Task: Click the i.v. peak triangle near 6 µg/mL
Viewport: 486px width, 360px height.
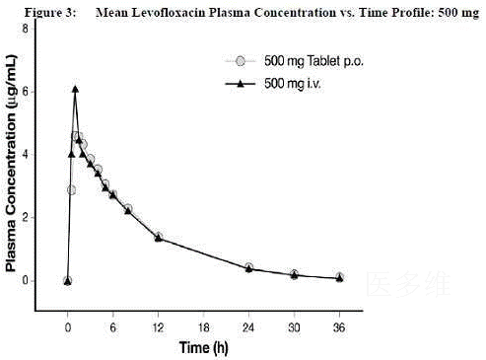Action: point(75,89)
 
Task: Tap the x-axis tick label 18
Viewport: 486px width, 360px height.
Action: point(203,327)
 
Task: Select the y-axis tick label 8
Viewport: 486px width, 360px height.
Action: point(25,29)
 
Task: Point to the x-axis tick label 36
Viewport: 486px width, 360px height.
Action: point(339,327)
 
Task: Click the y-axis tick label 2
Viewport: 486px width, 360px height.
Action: point(25,217)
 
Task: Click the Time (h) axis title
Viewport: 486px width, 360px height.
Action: point(203,347)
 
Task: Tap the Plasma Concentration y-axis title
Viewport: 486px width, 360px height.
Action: point(11,163)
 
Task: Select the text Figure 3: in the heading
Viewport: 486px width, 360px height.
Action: point(50,13)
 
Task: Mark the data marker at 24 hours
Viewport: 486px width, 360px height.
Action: point(248,267)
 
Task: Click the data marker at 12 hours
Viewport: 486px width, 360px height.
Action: point(159,237)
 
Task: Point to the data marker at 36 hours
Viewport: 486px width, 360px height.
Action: point(339,277)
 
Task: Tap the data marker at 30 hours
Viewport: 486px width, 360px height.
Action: point(294,274)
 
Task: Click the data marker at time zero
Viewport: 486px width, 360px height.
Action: point(68,281)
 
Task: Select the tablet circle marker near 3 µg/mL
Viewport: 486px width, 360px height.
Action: point(71,189)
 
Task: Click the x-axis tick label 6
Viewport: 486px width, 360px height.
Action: point(113,327)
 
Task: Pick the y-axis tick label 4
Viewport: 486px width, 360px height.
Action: point(25,155)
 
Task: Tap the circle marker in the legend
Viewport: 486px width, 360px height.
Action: point(241,61)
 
